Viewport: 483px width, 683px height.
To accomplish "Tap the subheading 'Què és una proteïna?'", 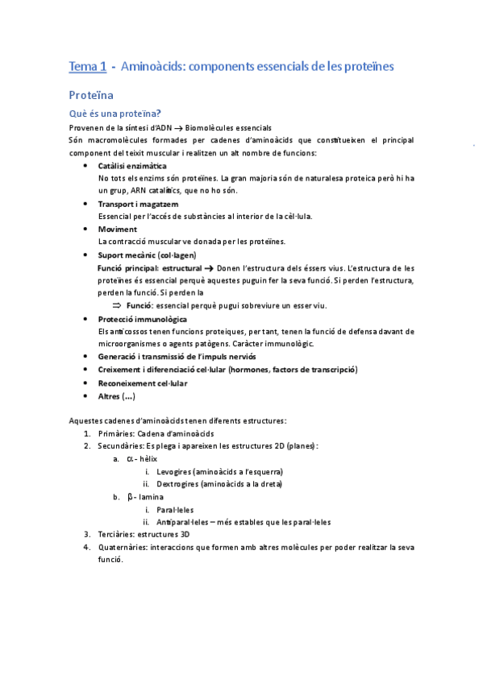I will pos(115,114).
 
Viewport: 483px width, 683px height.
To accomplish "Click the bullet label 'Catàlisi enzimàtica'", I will pos(132,165).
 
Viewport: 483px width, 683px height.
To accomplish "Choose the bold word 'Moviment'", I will pos(117,230).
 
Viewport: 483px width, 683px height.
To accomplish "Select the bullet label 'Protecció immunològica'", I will pos(142,319).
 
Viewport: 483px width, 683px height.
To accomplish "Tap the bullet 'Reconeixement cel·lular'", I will pos(142,383).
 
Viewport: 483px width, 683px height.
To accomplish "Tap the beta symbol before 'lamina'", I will pos(130,496).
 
